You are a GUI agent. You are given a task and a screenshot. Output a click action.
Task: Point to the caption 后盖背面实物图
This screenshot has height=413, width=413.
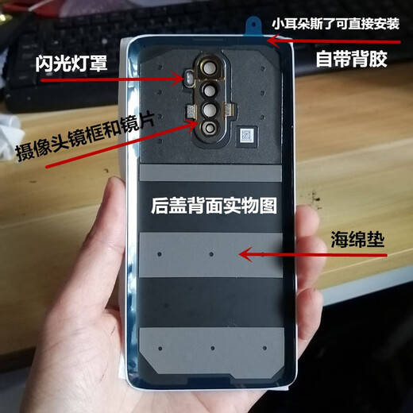pyautogui.click(x=213, y=206)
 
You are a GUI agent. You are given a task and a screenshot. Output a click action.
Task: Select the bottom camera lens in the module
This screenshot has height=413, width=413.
pyautogui.click(x=209, y=127)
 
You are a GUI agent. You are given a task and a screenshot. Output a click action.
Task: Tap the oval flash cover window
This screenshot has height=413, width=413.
pyautogui.click(x=189, y=79)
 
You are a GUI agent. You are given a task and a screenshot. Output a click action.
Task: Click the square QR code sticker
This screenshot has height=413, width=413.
pyautogui.click(x=246, y=136)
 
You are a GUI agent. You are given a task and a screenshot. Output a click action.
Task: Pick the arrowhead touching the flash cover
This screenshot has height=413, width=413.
pyautogui.click(x=183, y=79)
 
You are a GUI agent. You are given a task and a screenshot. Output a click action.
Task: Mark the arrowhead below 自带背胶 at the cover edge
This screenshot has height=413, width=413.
pyautogui.click(x=270, y=41)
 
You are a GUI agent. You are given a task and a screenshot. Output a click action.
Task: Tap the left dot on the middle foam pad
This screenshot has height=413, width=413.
pyautogui.click(x=159, y=257)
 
